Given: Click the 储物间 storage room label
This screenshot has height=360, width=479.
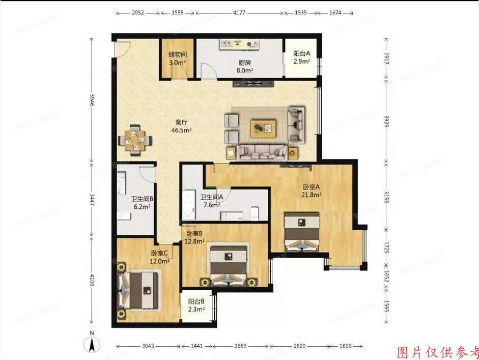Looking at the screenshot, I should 177,55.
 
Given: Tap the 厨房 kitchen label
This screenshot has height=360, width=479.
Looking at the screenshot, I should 245,64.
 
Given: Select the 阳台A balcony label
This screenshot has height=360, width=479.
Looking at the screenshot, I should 301,54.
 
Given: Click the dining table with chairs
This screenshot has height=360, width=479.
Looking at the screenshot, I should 134,140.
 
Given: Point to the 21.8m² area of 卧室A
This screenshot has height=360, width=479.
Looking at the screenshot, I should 311,195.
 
